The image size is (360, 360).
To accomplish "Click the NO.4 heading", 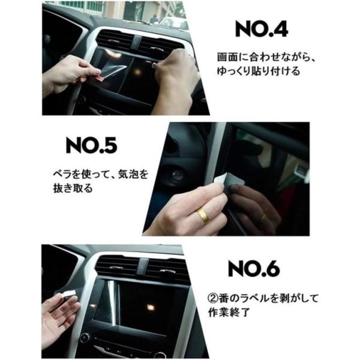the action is [262, 29].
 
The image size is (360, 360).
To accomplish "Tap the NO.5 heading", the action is [91, 145].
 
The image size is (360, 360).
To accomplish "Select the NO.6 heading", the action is [254, 268].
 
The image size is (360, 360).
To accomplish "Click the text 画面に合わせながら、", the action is [266, 57].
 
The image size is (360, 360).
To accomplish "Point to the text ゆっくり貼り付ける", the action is [259, 71].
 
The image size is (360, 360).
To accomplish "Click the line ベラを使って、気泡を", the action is [101, 175].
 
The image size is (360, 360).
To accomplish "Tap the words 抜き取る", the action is [73, 188].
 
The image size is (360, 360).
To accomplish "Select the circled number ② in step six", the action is [213, 298].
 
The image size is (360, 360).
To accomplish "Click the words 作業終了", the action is [229, 312].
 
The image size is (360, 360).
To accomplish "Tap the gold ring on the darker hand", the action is [263, 218].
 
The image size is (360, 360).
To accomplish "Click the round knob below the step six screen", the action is [85, 337].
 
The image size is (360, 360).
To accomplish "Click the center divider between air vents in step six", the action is [142, 266].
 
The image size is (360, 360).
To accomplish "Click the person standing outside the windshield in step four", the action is [154, 19].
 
